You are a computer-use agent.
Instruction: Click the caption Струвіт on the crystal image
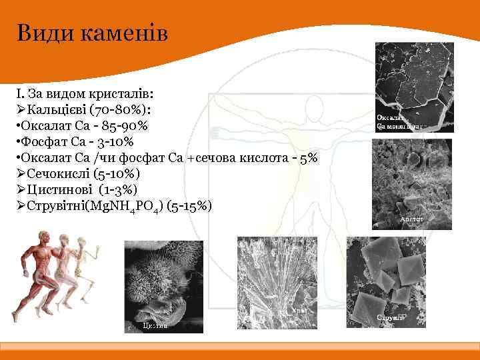(x=391, y=318)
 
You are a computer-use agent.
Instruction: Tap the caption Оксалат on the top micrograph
(x=391, y=117)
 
